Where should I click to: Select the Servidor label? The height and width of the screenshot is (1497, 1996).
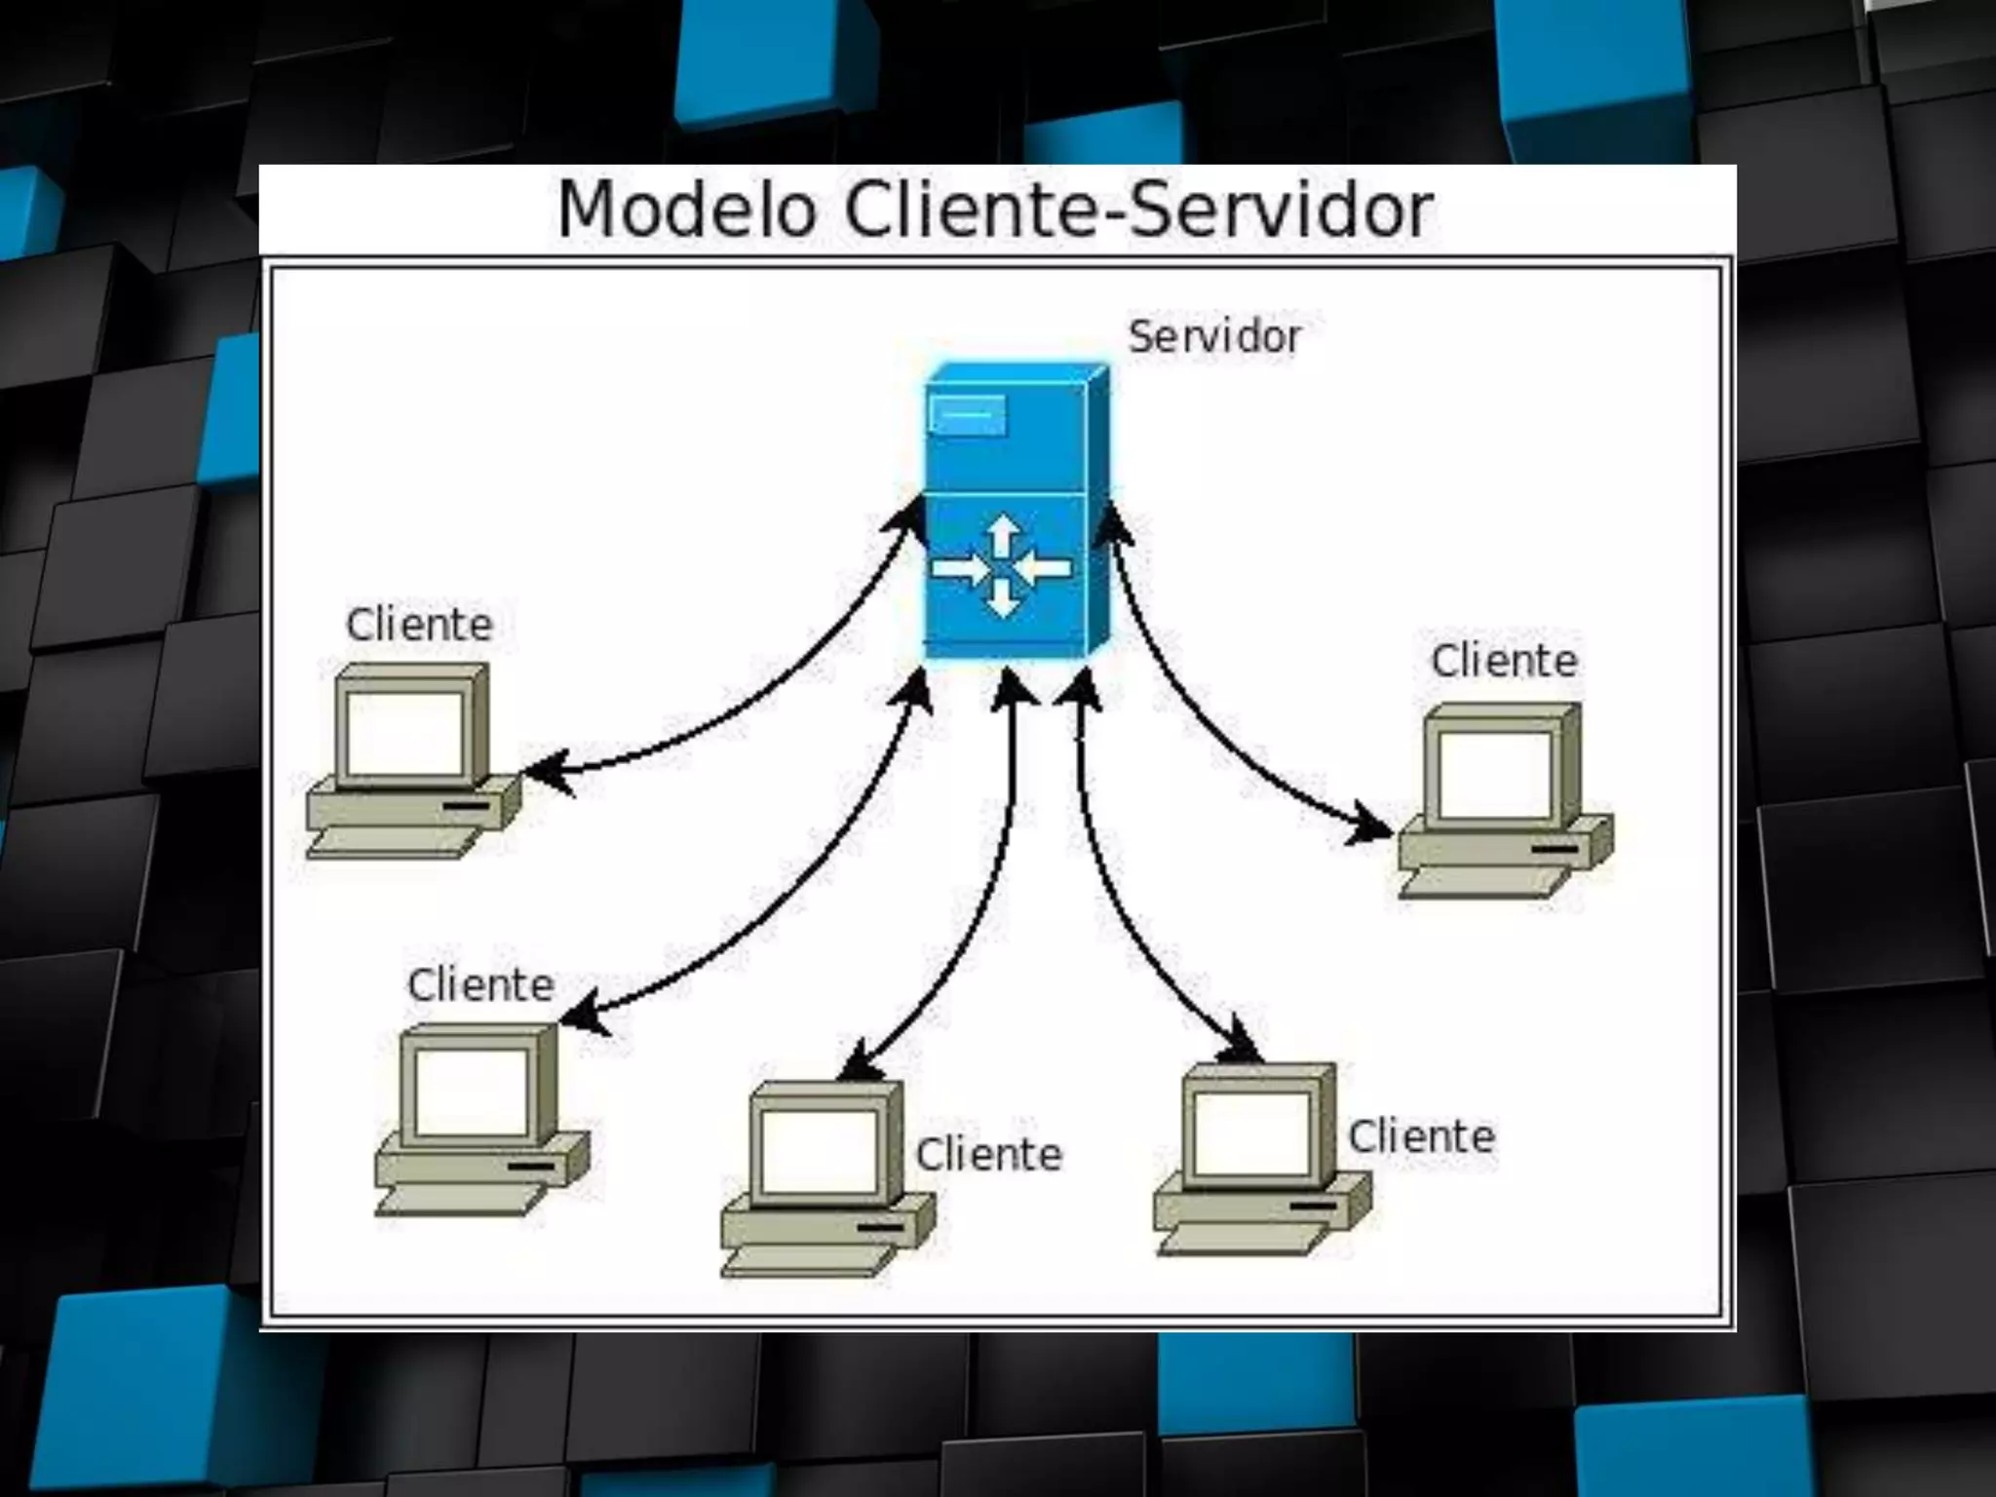coord(1214,337)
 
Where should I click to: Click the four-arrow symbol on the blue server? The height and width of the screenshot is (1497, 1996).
coord(1001,568)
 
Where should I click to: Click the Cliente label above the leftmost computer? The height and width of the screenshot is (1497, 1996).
coord(419,625)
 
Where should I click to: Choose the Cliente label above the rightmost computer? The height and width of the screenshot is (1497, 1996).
coord(1504,662)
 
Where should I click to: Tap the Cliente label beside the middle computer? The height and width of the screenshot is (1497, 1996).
coord(988,1156)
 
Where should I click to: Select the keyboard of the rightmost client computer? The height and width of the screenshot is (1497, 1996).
coord(1484,883)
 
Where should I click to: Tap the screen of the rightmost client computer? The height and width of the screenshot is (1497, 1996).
coord(1495,774)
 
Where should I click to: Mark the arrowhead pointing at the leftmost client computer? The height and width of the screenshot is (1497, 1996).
coord(546,770)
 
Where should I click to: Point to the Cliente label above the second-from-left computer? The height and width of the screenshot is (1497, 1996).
coord(480,985)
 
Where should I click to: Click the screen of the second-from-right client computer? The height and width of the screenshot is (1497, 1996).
coord(1251,1133)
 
